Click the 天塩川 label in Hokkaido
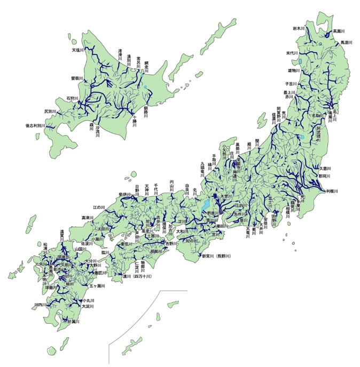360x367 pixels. coord(79,51)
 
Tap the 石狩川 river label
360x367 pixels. coord(72,99)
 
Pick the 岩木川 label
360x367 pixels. coord(299,28)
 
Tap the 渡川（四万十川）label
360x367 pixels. coord(138,277)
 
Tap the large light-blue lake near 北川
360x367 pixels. coord(204,205)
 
